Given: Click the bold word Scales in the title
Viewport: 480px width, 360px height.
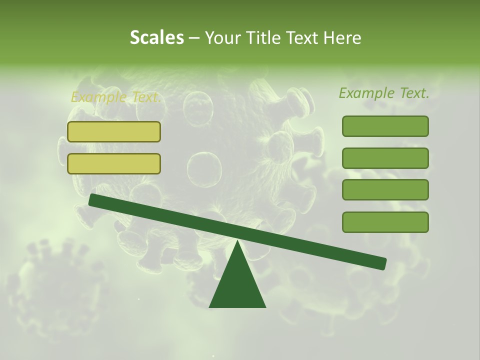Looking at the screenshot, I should click(x=156, y=38).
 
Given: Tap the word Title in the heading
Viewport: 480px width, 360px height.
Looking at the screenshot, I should click(x=258, y=38).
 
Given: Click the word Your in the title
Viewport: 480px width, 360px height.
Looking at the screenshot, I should click(x=223, y=38).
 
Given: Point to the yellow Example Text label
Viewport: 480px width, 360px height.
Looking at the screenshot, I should click(x=115, y=97).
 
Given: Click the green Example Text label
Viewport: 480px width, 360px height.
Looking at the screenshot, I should click(x=384, y=93).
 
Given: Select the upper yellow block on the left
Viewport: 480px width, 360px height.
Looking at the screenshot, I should click(x=114, y=131).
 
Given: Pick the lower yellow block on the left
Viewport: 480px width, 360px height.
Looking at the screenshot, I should click(x=114, y=163).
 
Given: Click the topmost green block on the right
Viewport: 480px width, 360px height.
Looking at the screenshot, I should click(x=385, y=126).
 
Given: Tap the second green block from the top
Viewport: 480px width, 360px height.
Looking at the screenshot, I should click(x=385, y=158).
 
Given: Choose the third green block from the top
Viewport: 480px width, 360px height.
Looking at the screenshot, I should click(x=385, y=189).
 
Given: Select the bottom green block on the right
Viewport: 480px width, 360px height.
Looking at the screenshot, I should click(x=385, y=222).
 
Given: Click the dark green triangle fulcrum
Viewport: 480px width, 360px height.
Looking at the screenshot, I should click(x=237, y=285).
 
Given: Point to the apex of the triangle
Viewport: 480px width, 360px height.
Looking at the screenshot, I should click(x=237, y=242).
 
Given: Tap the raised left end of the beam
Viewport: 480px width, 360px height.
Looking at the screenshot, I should click(x=92, y=200).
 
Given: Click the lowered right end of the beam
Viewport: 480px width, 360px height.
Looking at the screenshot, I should click(x=382, y=263).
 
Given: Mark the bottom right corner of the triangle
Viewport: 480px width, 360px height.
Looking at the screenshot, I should click(x=265, y=306).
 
